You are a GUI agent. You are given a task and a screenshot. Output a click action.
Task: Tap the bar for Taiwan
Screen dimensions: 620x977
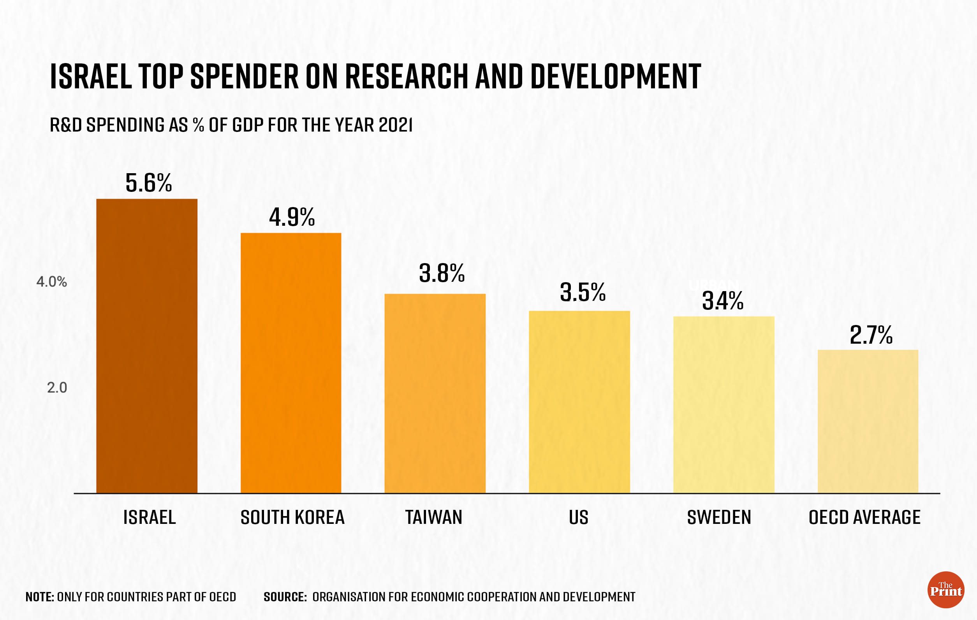click(x=435, y=393)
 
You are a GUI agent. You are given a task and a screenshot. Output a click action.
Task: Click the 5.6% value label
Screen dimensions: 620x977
click(x=148, y=183)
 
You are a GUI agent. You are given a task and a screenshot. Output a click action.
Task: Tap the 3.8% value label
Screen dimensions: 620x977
click(x=442, y=273)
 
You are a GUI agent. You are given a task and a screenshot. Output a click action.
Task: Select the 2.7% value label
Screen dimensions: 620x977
click(x=871, y=335)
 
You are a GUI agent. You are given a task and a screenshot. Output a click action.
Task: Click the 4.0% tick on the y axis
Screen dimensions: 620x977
click(x=51, y=281)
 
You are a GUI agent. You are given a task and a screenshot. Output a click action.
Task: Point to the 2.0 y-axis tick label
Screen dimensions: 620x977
click(x=57, y=388)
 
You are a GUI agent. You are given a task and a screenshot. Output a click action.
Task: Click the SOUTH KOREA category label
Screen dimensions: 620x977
click(x=292, y=517)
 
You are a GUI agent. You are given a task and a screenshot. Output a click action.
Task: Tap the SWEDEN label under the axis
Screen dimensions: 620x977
click(x=718, y=517)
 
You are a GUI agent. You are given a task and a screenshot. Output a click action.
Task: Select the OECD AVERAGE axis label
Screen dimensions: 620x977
click(x=864, y=517)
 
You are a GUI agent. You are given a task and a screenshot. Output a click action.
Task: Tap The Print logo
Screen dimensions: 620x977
click(x=945, y=590)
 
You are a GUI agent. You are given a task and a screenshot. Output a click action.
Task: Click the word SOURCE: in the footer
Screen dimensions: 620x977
click(x=285, y=597)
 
